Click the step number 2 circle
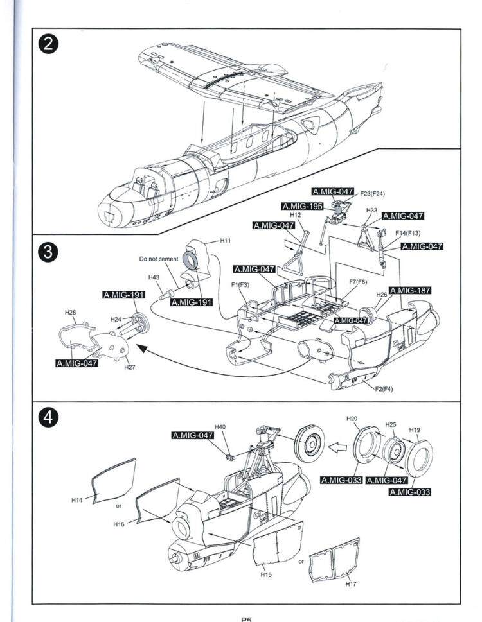point(48,44)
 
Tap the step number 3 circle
point(48,252)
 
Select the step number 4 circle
point(48,417)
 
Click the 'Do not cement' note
point(158,259)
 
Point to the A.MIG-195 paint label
point(302,206)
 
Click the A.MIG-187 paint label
point(410,291)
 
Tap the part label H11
point(226,240)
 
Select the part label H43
point(154,277)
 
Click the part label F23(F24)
point(372,194)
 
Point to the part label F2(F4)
point(384,389)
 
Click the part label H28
point(70,313)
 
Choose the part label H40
point(220,427)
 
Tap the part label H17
point(351,584)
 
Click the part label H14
point(76,500)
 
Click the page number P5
point(246,619)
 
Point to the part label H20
point(352,419)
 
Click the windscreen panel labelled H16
point(157,502)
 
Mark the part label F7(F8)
point(358,282)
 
